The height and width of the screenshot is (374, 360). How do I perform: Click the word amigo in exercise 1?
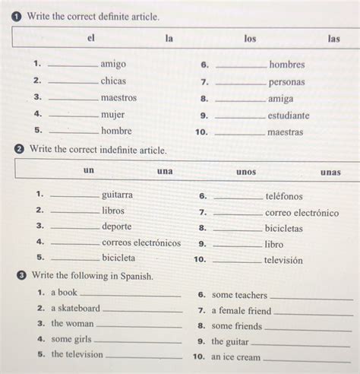pos(113,65)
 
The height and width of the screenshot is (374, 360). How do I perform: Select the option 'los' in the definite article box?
pos(250,37)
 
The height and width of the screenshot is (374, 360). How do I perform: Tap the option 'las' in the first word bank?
pos(333,38)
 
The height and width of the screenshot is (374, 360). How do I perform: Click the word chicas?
pos(113,81)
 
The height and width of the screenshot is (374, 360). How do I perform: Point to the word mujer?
pos(112,114)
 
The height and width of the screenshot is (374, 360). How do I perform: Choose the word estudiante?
pos(288,116)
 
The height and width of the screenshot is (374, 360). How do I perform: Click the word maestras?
pos(285,132)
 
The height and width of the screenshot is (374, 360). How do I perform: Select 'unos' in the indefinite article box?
pos(246,172)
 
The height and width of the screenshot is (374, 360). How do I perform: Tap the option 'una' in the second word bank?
pos(165,171)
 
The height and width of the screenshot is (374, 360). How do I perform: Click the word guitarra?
pos(117,195)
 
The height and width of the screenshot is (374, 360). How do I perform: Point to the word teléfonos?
pos(283,196)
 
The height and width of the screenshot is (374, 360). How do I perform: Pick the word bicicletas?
pos(283,228)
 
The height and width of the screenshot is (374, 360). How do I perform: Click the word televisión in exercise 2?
pos(283,260)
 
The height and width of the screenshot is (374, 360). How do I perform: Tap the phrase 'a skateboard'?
pos(75,309)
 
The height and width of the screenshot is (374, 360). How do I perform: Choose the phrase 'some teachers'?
pos(239,295)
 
